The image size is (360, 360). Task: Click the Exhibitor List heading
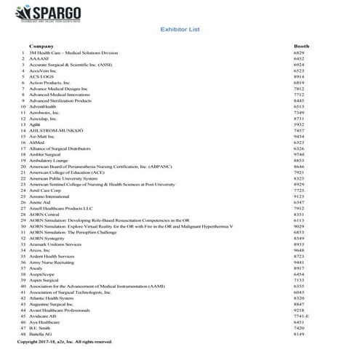tap(179, 31)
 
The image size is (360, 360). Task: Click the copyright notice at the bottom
tap(65, 341)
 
